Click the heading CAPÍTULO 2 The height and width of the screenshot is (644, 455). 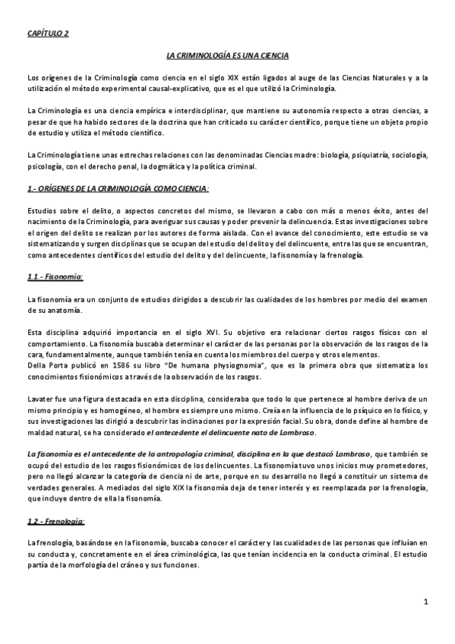(x=48, y=33)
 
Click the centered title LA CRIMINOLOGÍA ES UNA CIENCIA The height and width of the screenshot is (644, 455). (x=227, y=56)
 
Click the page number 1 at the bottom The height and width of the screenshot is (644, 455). (x=426, y=602)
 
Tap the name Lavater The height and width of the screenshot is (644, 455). (x=39, y=399)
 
